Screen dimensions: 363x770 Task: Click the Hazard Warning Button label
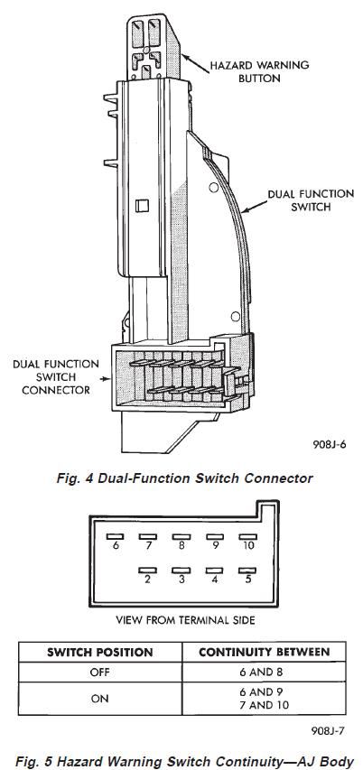259,71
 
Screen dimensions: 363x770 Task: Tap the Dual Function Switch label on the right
311,200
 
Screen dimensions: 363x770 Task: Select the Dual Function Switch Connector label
55,377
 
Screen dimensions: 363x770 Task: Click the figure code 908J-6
329,445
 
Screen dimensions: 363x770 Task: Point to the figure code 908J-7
328,730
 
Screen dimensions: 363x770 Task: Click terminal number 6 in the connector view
116,545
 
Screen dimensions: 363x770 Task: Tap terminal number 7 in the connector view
148,545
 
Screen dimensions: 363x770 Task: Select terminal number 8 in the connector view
181,545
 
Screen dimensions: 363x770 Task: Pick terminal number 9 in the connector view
215,545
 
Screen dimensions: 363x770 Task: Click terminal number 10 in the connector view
248,545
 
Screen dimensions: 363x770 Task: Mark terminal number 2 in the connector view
147,580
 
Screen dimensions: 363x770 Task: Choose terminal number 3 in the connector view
181,580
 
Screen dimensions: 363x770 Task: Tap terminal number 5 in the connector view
248,580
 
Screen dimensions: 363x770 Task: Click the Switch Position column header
99,653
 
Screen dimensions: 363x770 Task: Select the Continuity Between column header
265,652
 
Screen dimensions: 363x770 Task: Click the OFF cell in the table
99,673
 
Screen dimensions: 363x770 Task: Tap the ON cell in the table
99,699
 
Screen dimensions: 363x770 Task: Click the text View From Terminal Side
185,620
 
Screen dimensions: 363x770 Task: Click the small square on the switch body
142,205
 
